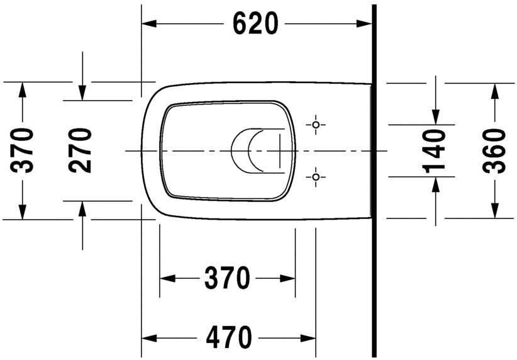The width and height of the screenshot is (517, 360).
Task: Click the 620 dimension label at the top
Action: pyautogui.click(x=255, y=24)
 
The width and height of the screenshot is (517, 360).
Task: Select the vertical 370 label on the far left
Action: pyautogui.click(x=23, y=150)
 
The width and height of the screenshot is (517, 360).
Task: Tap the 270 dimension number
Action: pyautogui.click(x=81, y=150)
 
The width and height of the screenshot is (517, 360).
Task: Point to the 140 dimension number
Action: pyautogui.click(x=435, y=150)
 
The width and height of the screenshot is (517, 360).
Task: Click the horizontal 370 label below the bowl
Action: pyautogui.click(x=227, y=278)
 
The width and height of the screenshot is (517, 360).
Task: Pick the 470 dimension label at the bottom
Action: pyautogui.click(x=228, y=337)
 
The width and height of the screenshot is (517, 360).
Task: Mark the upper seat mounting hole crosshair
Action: pyautogui.click(x=316, y=125)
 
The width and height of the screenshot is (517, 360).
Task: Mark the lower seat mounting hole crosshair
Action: pyautogui.click(x=316, y=177)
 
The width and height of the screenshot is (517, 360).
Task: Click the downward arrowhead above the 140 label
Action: pyautogui.click(x=435, y=117)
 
